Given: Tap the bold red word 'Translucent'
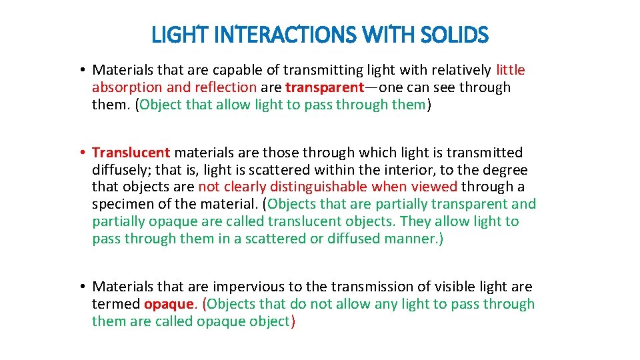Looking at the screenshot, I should coord(131,153).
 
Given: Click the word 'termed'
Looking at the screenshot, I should coord(116,304).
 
